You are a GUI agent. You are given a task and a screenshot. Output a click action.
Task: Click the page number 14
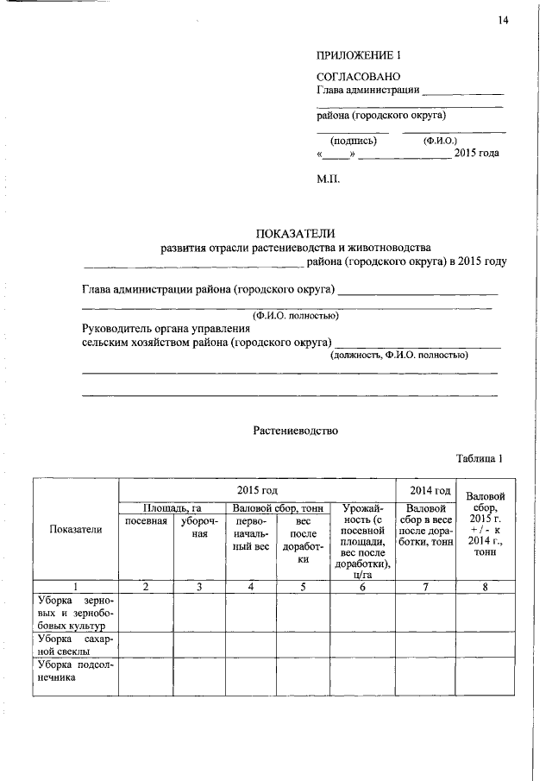coord(504,20)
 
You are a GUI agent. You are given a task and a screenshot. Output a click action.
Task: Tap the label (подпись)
coord(352,140)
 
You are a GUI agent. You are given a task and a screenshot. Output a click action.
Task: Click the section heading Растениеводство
coord(296,429)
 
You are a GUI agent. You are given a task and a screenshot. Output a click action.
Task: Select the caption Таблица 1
coord(479,458)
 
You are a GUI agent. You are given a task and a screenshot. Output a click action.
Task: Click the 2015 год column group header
coord(257,489)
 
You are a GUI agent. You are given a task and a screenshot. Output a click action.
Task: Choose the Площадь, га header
coord(172,509)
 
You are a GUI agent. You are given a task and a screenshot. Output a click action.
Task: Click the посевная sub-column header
coord(146,521)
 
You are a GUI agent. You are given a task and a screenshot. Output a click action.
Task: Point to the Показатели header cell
coord(76,529)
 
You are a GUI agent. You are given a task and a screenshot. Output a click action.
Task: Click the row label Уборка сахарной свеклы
coord(76,645)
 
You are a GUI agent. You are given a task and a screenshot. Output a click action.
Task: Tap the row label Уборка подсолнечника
coord(76,671)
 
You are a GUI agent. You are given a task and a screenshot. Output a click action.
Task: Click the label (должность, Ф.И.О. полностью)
coord(399,355)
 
